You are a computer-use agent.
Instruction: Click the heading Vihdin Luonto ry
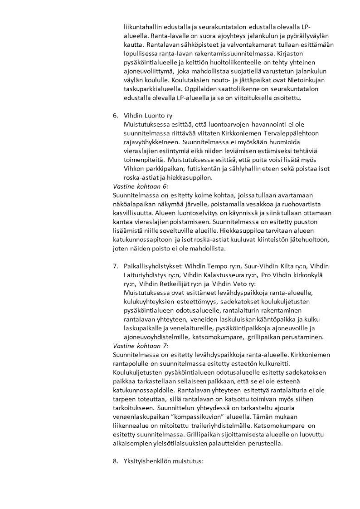[148, 115]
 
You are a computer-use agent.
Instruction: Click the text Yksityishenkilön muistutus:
[164, 461]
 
